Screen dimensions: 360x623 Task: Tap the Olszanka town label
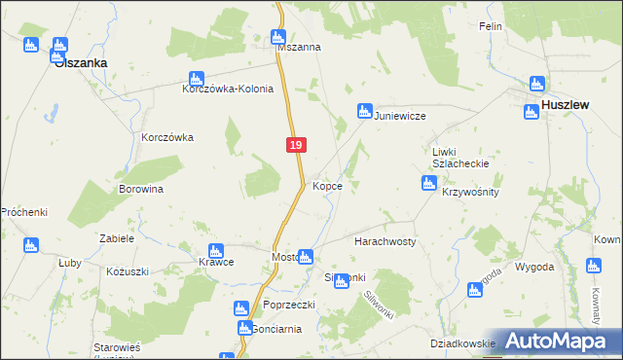[x=81, y=62]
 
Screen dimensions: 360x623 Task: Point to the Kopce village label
[x=327, y=186]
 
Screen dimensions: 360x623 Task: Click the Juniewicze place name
[x=402, y=115]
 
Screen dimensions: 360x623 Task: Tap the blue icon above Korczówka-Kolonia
[x=196, y=79]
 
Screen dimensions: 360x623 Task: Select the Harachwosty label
[x=385, y=240]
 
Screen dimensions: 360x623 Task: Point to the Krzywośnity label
[x=470, y=192]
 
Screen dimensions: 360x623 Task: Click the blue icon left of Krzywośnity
[x=428, y=183]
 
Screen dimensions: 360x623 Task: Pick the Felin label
[x=490, y=26]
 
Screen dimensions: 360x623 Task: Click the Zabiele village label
[x=116, y=237]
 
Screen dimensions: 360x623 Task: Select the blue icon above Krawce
[x=216, y=251]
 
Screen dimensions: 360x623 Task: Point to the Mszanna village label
[x=300, y=47]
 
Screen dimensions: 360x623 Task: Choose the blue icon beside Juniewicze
[x=365, y=111]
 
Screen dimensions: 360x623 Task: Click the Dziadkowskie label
[x=463, y=343]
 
